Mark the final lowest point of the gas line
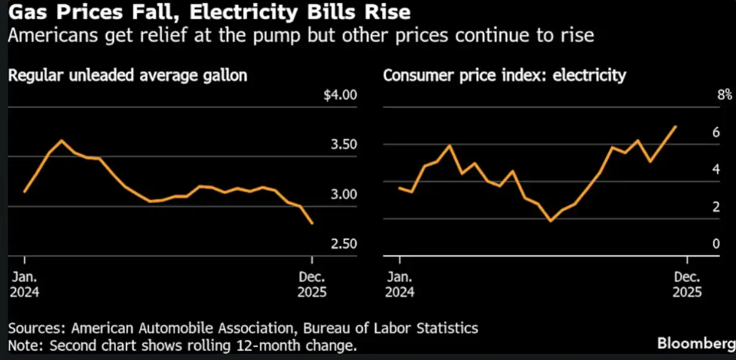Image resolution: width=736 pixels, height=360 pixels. click(x=313, y=223)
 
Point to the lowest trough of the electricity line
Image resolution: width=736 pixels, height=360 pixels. click(x=550, y=220)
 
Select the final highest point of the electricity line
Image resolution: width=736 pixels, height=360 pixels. click(x=676, y=126)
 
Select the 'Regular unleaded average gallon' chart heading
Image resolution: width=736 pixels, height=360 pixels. click(x=128, y=76)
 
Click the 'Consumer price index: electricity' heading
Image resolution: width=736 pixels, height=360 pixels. click(x=505, y=76)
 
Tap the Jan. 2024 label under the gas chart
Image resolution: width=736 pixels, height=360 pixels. click(x=25, y=284)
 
